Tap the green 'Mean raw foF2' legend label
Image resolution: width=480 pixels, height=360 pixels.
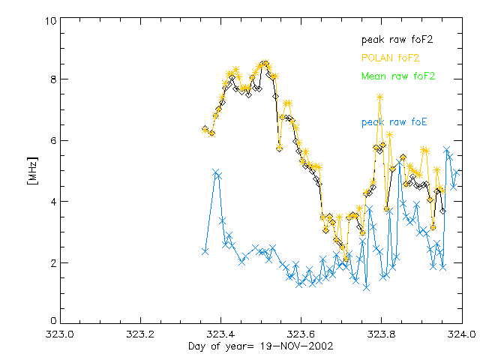(x=398, y=76)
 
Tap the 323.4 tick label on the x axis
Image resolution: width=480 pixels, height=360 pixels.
(x=220, y=334)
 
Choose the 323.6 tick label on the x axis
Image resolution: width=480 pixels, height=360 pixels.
(x=301, y=334)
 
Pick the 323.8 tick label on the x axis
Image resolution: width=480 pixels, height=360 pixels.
(x=381, y=334)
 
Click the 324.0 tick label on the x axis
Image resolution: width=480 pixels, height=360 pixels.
(x=461, y=334)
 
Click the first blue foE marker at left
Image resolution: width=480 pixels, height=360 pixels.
(x=205, y=251)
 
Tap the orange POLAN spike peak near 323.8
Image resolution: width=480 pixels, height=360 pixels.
(x=380, y=97)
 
